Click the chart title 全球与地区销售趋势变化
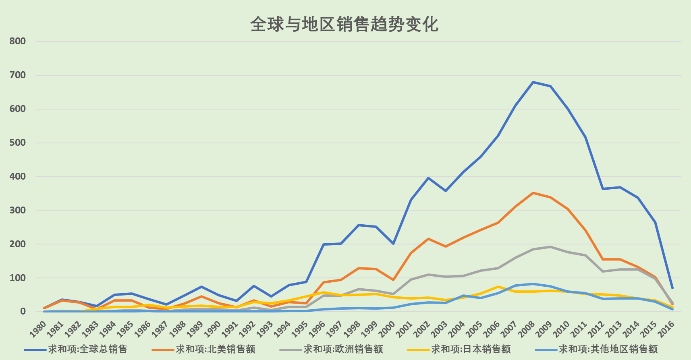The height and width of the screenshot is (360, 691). [x=344, y=25]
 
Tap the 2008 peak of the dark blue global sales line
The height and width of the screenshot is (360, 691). [x=533, y=82]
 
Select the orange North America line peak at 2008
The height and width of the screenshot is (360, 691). [x=533, y=193]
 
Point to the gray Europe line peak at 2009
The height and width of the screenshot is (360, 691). [x=550, y=247]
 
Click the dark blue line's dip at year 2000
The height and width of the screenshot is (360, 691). [x=393, y=244]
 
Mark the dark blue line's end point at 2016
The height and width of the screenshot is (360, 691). [x=672, y=288]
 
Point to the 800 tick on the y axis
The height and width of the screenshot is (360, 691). [x=18, y=41]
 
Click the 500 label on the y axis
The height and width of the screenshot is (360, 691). [x=18, y=143]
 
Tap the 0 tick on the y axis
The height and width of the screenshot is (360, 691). [x=23, y=312]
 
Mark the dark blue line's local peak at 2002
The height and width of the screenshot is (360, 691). [x=428, y=178]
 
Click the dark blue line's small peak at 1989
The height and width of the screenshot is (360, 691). [x=201, y=287]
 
